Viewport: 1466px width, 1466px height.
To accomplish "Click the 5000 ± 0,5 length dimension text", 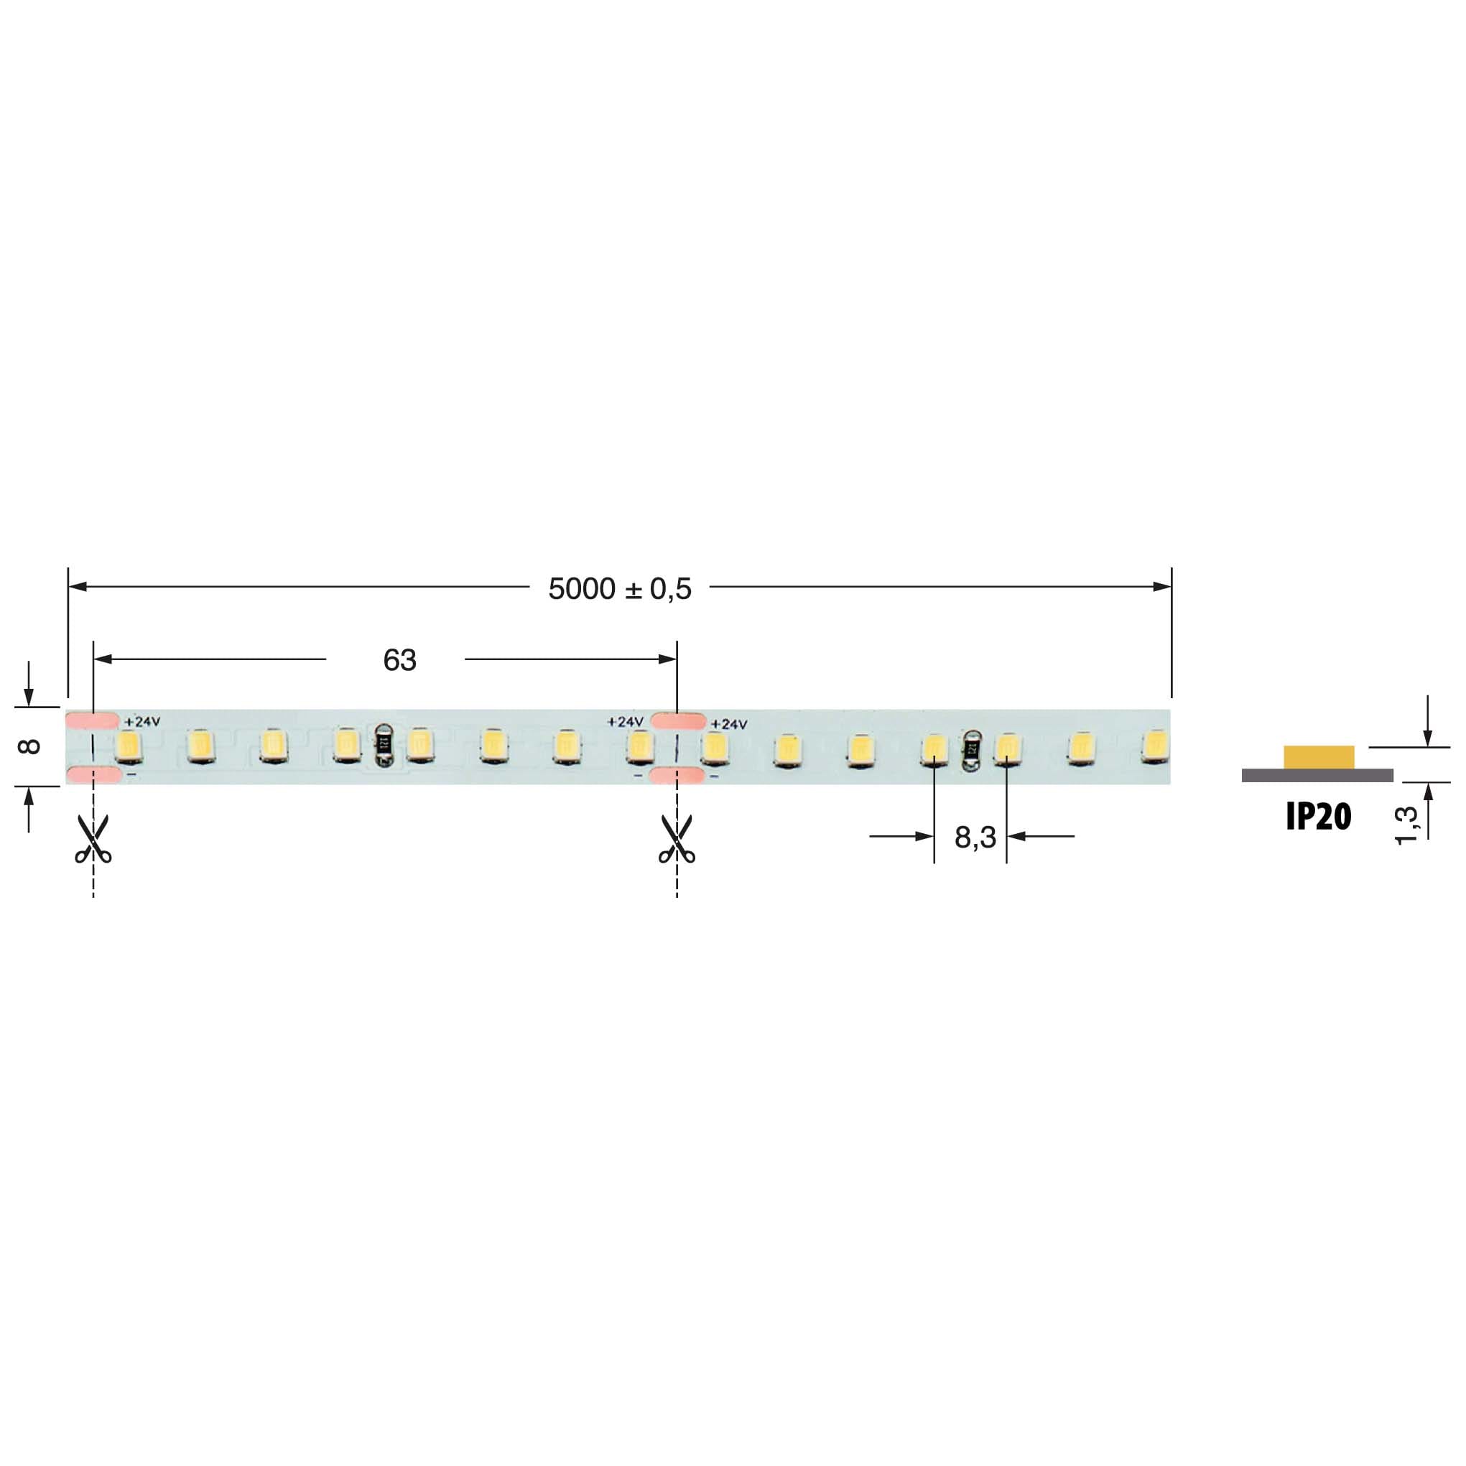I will (x=619, y=589).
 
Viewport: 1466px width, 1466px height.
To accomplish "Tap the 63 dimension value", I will (x=399, y=660).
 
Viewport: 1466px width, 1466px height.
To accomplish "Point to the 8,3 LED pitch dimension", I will (x=975, y=838).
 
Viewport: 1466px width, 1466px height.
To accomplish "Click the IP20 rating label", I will (x=1318, y=817).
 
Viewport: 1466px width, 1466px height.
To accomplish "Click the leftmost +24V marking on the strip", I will (x=142, y=722).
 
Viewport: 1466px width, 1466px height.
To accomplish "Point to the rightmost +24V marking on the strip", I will (x=729, y=725).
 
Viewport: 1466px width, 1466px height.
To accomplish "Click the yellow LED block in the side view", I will (x=1319, y=756).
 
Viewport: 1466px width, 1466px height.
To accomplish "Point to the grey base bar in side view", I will (x=1317, y=775).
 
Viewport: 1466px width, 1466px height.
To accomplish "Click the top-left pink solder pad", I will (x=93, y=720).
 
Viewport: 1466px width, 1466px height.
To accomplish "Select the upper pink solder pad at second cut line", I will (x=678, y=721).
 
